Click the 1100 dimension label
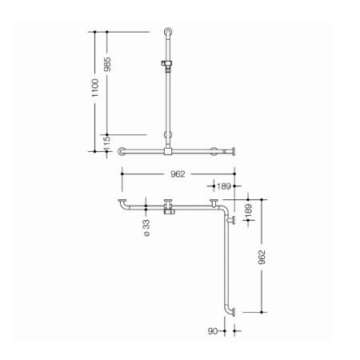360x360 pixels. pyautogui.click(x=95, y=88)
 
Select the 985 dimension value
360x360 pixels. pyautogui.click(x=107, y=64)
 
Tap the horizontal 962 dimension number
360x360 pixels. pyautogui.click(x=178, y=174)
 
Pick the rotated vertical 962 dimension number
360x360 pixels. pyautogui.click(x=262, y=257)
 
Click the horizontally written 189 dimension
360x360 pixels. pyautogui.click(x=223, y=186)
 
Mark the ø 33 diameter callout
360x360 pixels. pyautogui.click(x=146, y=228)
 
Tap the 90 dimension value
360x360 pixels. pyautogui.click(x=213, y=331)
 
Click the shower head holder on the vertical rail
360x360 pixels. pyautogui.click(x=166, y=65)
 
